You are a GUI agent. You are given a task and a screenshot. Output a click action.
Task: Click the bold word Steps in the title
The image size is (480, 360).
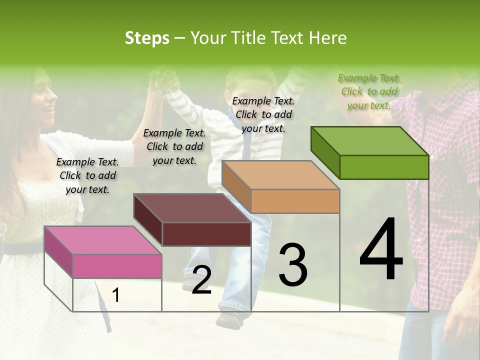147,38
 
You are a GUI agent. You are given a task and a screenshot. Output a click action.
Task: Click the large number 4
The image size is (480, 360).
381,250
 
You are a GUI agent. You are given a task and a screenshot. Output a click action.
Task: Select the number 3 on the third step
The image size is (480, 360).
293,265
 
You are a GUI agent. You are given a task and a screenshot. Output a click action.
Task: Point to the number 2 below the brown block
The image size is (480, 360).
201,280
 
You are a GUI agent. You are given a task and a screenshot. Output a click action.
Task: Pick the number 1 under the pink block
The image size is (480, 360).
115,295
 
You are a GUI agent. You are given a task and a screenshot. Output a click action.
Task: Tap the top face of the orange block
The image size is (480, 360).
280,175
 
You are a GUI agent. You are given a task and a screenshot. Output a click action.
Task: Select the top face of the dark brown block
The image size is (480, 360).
192,208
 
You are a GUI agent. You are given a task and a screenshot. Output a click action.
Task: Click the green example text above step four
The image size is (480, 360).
369,91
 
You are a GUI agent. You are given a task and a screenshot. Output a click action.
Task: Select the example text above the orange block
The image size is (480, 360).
263,114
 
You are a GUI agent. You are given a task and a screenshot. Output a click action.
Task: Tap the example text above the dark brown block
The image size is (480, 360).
174,146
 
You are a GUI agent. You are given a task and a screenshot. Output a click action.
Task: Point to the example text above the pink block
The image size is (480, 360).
87,175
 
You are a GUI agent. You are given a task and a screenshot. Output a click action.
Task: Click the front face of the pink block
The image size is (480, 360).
117,266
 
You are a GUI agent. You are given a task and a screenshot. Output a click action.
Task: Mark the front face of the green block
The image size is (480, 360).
384,167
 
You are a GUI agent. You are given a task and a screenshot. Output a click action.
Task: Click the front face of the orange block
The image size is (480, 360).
295,201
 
